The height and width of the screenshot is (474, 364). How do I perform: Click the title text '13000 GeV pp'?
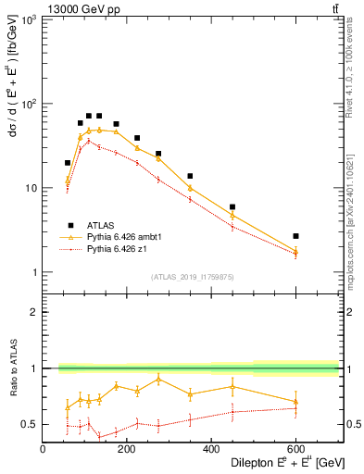(x=81, y=8)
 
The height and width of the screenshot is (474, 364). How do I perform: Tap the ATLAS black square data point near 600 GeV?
(x=295, y=236)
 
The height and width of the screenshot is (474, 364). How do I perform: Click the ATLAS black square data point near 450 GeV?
(x=232, y=207)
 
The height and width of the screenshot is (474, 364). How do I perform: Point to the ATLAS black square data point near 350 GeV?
(x=190, y=176)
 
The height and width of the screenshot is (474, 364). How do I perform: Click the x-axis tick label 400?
(x=211, y=448)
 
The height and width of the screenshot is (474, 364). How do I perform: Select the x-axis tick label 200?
(x=127, y=448)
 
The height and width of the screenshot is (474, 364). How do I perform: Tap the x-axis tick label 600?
(x=295, y=448)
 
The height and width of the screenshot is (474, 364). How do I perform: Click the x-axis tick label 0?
(x=43, y=448)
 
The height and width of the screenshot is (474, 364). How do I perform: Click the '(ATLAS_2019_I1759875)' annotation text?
(x=192, y=276)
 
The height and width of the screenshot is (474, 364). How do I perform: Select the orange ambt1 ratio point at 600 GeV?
(x=295, y=401)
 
